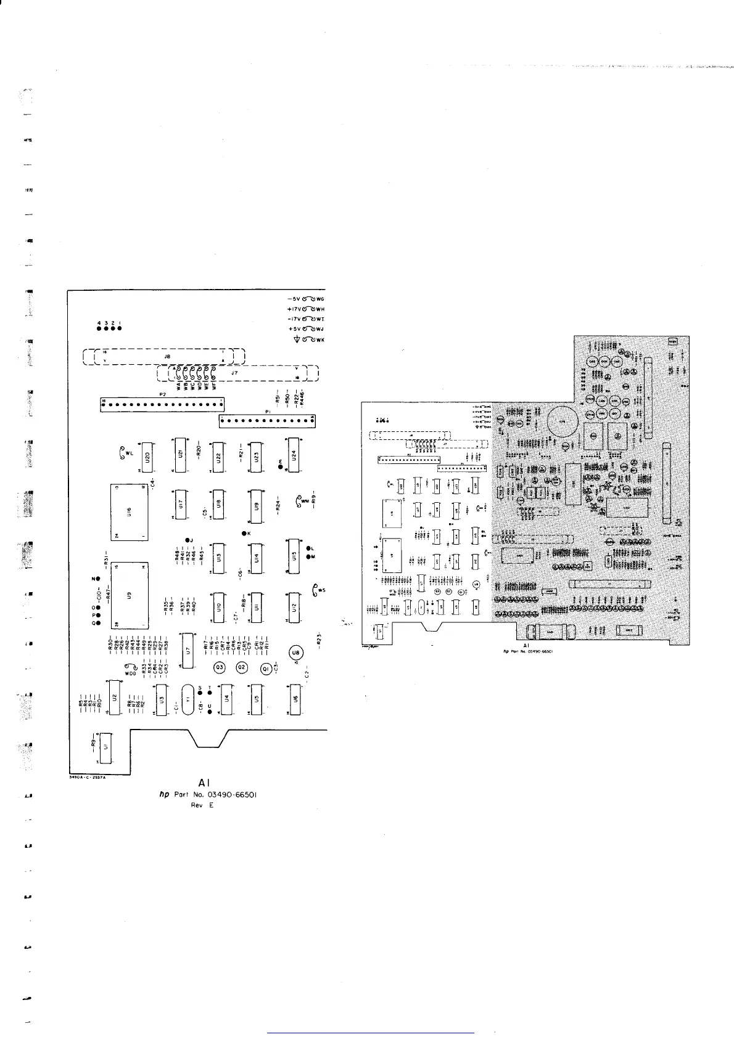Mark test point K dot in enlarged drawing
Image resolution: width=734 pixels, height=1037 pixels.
(x=244, y=533)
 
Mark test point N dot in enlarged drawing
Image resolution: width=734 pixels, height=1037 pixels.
(x=97, y=580)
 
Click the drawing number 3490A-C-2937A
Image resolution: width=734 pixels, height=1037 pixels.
(x=88, y=778)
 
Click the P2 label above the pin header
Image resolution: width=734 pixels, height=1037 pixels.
(x=163, y=394)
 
